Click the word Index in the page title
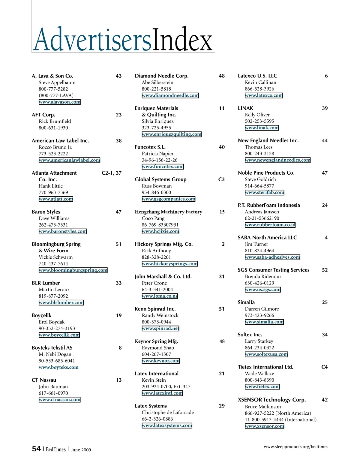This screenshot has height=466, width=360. (x=182, y=40)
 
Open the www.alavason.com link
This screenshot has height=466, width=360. (x=60, y=102)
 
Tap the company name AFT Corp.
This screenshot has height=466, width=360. (x=43, y=115)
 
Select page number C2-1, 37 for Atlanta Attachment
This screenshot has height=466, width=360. (x=112, y=173)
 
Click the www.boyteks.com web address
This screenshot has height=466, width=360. (x=58, y=367)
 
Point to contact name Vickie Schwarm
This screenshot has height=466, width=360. (x=55, y=257)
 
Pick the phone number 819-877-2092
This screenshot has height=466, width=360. (x=53, y=296)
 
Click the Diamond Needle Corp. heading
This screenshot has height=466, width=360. (x=162, y=76)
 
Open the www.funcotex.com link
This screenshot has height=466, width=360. (x=163, y=167)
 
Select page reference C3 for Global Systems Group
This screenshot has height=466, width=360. (x=221, y=179)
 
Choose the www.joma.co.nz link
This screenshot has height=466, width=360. (x=160, y=296)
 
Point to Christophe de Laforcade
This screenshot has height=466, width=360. (x=168, y=412)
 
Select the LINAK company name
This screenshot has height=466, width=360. (x=245, y=108)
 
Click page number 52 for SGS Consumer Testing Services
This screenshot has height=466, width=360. (x=325, y=270)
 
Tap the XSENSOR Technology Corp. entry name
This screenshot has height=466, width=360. (x=272, y=400)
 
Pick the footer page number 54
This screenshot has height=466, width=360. (x=36, y=449)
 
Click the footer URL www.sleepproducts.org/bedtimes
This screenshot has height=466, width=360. (x=296, y=447)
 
